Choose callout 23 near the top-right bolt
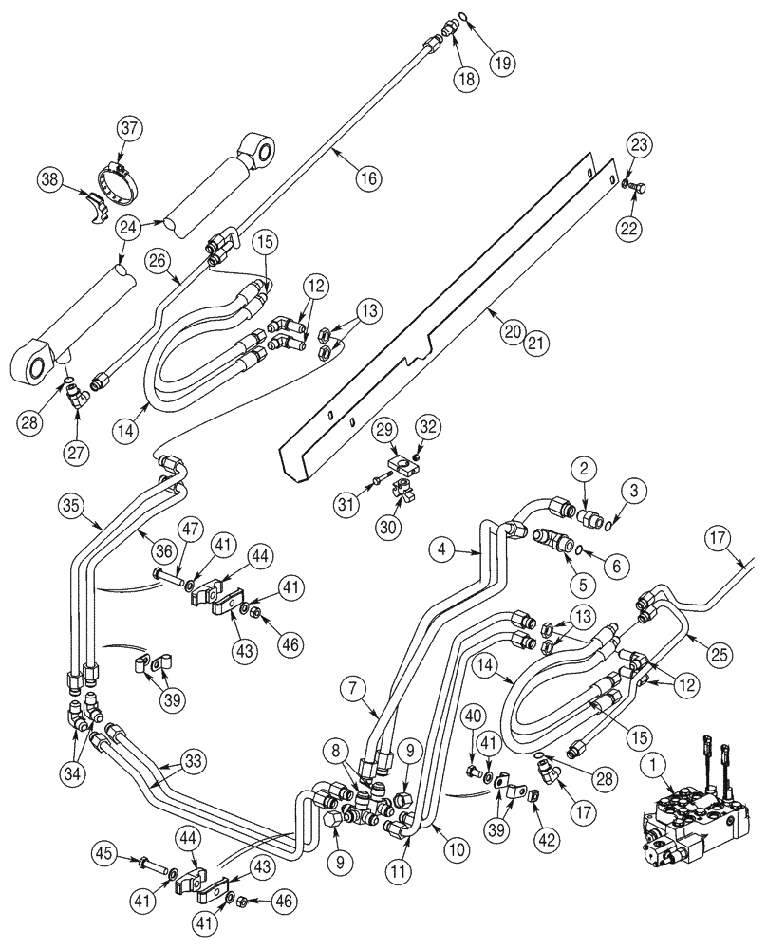click(x=639, y=145)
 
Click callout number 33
click(x=193, y=760)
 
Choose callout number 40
click(x=477, y=714)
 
